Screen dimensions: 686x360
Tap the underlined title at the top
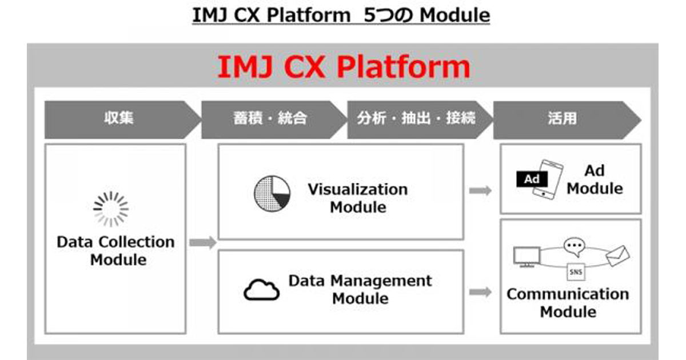click(341, 15)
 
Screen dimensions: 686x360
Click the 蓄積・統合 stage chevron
click(274, 119)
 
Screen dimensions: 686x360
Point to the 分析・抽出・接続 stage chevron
click(420, 119)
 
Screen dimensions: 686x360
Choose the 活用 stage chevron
click(567, 120)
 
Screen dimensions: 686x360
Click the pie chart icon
click(272, 194)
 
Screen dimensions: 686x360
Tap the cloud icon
click(262, 290)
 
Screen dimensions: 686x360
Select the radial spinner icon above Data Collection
click(111, 209)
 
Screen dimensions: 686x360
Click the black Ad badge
click(532, 179)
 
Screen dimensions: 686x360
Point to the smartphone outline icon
click(548, 179)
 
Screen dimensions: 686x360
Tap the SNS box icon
click(576, 272)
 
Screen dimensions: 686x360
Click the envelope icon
click(618, 255)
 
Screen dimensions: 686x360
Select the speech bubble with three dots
click(574, 247)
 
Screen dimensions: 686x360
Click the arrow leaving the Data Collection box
click(203, 243)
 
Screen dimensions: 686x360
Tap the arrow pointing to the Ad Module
click(480, 191)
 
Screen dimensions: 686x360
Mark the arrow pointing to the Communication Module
click(480, 292)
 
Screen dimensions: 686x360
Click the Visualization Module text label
click(358, 198)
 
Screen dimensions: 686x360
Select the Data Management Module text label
click(360, 290)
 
